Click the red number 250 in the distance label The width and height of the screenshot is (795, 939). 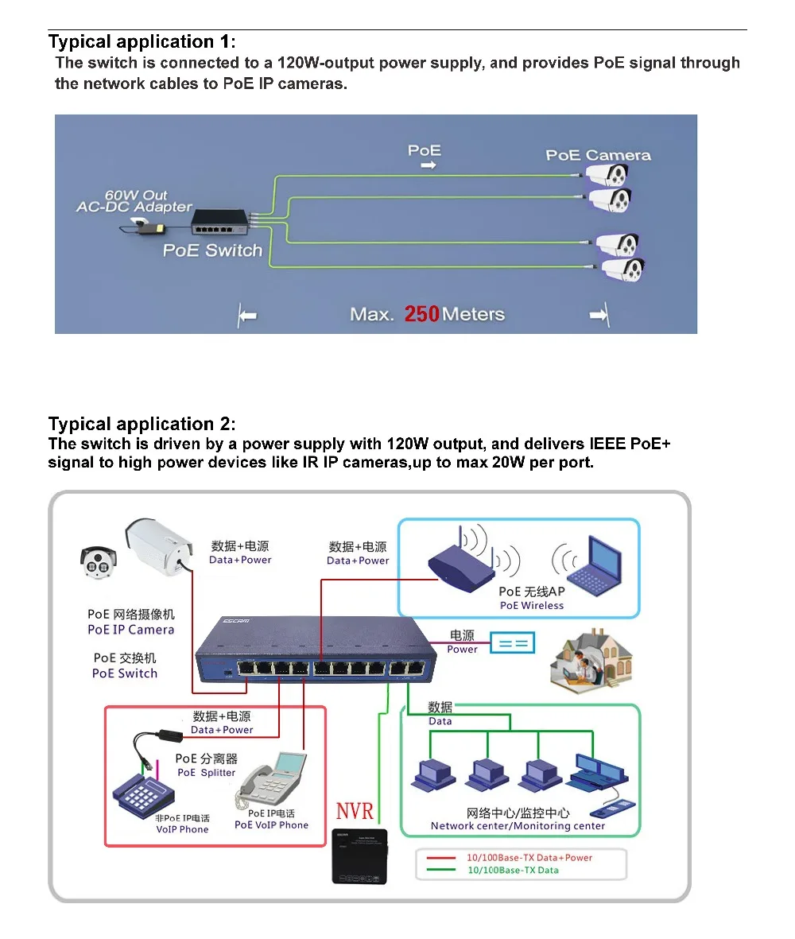click(421, 314)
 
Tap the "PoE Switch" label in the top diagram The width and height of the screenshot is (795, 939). click(212, 250)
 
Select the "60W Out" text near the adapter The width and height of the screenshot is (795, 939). click(136, 195)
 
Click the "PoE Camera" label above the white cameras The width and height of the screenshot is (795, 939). click(598, 155)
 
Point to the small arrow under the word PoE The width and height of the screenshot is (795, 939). click(428, 166)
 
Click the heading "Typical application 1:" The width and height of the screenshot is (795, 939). click(142, 41)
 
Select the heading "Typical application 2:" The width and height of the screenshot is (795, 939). click(142, 424)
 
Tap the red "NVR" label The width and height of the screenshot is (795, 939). click(355, 812)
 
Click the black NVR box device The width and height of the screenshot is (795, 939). click(359, 856)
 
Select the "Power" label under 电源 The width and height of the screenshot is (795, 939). click(462, 649)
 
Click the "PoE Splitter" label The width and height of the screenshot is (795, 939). click(206, 772)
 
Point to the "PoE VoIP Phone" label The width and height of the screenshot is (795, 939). click(271, 825)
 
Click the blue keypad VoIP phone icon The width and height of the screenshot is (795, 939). click(148, 790)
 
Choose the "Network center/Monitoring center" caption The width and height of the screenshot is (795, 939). click(518, 826)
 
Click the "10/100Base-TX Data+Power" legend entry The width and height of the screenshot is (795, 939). click(529, 858)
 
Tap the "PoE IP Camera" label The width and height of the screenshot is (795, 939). click(130, 630)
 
